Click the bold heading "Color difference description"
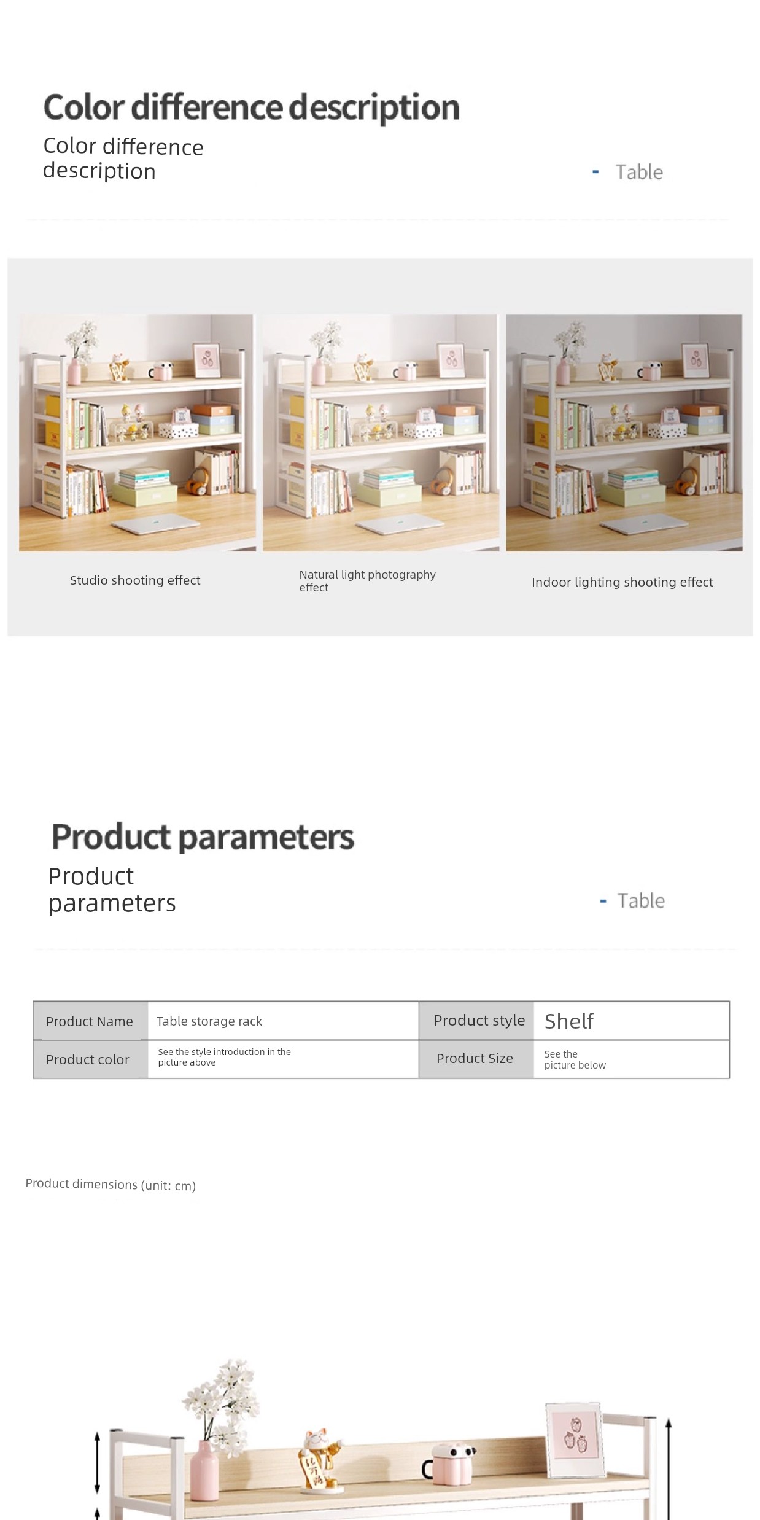click(x=252, y=108)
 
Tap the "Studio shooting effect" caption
click(x=135, y=580)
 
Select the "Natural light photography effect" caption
click(x=367, y=581)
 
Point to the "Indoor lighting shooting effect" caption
click(x=622, y=582)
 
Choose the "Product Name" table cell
click(x=90, y=1021)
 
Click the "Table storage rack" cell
click(x=209, y=1021)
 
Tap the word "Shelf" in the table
click(x=568, y=1021)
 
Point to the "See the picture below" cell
click(x=575, y=1059)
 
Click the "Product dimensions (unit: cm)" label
click(x=111, y=1184)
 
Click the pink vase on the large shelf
click(x=204, y=1470)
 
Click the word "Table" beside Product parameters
click(x=641, y=901)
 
